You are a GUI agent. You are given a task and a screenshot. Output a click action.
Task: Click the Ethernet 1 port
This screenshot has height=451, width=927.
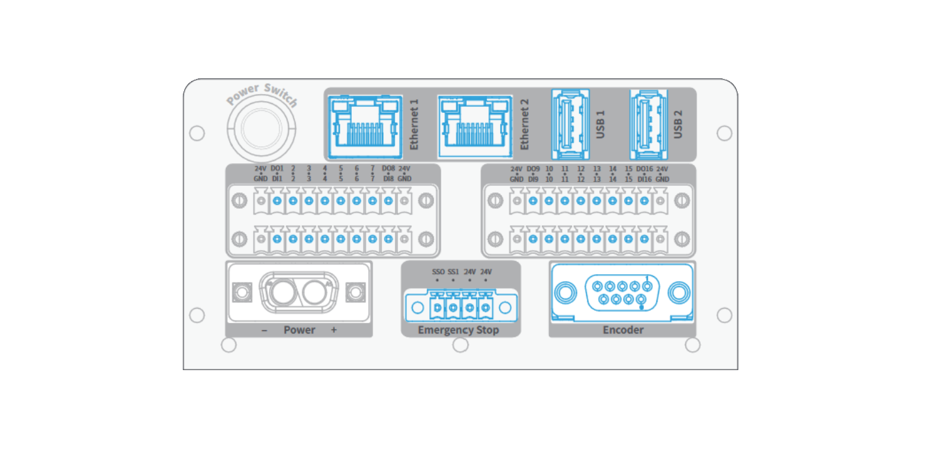click(365, 127)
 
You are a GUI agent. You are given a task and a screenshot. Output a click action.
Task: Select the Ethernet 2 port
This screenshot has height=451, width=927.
click(475, 127)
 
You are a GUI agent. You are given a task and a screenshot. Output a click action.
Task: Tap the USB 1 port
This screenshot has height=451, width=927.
click(571, 124)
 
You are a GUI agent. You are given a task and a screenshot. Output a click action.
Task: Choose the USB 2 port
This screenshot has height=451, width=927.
click(648, 124)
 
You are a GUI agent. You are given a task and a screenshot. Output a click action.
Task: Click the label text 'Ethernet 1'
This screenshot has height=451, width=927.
click(415, 125)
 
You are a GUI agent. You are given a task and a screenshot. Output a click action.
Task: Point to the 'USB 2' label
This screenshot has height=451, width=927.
click(678, 125)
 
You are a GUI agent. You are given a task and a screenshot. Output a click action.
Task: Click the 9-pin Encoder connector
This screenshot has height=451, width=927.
click(622, 292)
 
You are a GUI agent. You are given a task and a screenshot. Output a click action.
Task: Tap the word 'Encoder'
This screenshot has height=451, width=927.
click(623, 330)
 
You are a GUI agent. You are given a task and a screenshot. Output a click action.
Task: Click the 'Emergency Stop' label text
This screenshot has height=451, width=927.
click(458, 330)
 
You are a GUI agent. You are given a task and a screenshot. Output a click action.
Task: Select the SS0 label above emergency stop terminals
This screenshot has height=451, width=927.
click(438, 272)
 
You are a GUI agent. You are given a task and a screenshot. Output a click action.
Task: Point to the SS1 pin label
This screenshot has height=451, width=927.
click(453, 272)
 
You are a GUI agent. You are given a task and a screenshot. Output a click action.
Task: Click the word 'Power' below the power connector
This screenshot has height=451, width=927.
click(299, 330)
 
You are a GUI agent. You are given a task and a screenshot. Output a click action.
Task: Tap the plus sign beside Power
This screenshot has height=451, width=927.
click(334, 330)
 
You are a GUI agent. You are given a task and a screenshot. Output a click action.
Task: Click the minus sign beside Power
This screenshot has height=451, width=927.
click(264, 330)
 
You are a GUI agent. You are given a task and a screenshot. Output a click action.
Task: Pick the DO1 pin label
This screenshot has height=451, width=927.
click(277, 168)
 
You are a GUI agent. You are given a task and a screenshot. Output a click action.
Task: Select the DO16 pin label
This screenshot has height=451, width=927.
click(644, 169)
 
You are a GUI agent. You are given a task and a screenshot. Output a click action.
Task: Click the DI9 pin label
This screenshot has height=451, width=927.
click(533, 179)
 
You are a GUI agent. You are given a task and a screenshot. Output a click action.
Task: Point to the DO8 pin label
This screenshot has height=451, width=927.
click(388, 168)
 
